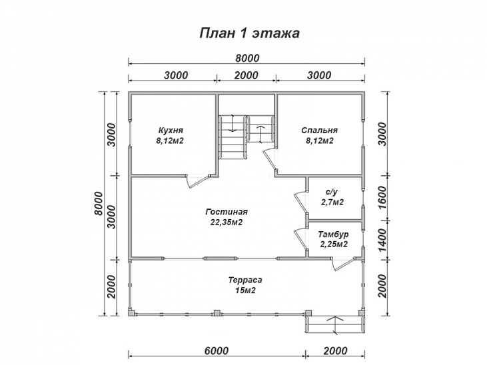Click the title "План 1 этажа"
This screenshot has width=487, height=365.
pyautogui.click(x=249, y=33)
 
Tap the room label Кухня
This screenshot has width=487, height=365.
pyautogui.click(x=171, y=130)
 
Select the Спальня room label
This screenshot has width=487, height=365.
pyautogui.click(x=320, y=130)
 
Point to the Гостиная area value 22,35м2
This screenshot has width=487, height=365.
pyautogui.click(x=226, y=222)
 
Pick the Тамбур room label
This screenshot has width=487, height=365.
pyautogui.click(x=333, y=234)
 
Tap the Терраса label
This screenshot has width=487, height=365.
pyautogui.click(x=245, y=280)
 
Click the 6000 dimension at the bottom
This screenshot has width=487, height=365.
pyautogui.click(x=217, y=351)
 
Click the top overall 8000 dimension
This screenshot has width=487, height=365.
pyautogui.click(x=247, y=58)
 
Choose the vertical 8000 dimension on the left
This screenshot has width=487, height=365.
pyautogui.click(x=99, y=203)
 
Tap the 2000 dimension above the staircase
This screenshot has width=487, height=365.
pyautogui.click(x=246, y=75)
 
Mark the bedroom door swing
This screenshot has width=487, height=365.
pyautogui.click(x=270, y=159)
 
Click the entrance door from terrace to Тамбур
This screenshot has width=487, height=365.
pyautogui.click(x=342, y=264)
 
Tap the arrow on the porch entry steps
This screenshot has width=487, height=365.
pyautogui.click(x=335, y=325)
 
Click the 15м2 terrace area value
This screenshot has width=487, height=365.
pyautogui.click(x=245, y=291)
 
